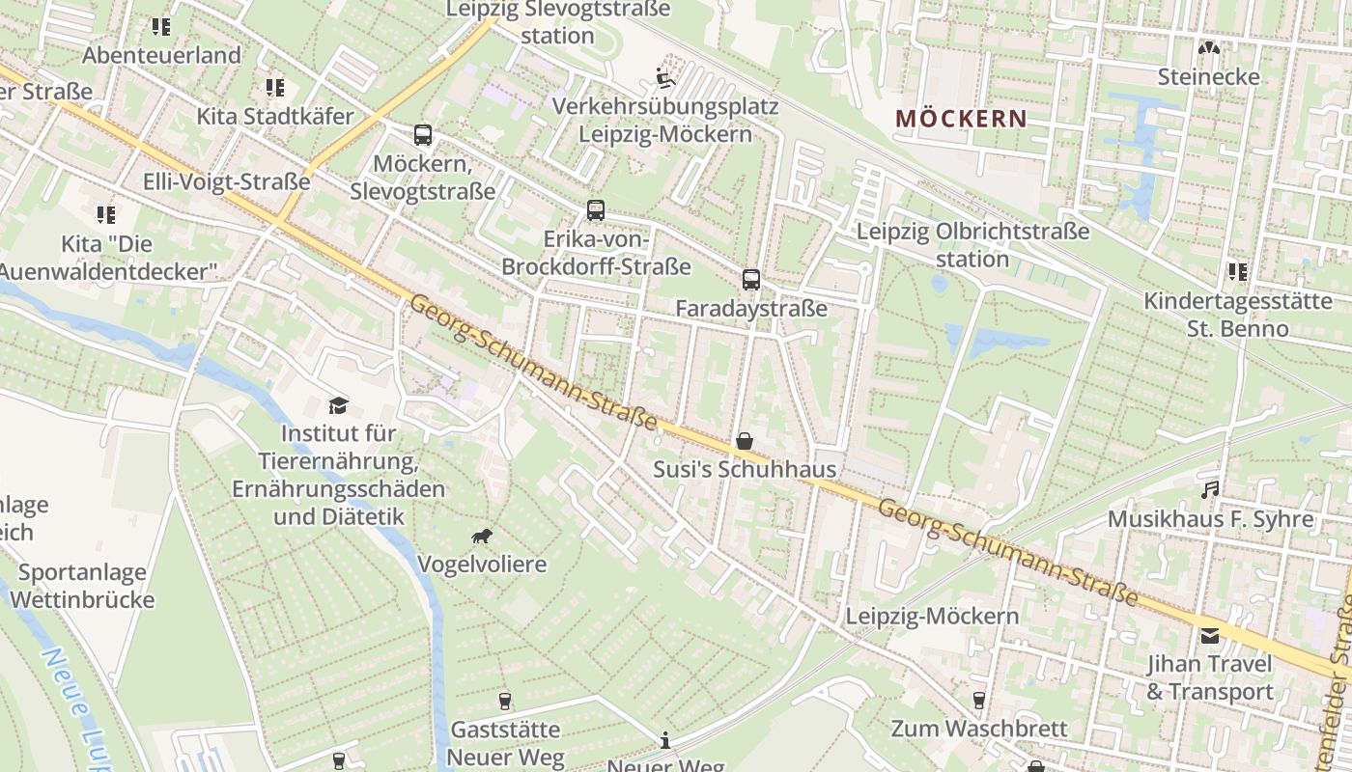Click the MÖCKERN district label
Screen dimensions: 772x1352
961,119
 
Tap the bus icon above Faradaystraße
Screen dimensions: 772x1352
751,280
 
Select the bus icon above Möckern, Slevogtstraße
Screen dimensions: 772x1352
423,135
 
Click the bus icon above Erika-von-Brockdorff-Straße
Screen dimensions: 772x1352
596,210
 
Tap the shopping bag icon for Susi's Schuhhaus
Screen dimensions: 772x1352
745,441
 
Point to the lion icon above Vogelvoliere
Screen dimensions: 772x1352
482,536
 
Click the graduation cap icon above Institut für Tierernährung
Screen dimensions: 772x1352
338,404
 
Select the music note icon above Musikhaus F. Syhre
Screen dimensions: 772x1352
1209,490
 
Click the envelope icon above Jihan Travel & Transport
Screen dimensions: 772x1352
1209,636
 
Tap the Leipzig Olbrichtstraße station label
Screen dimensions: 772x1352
972,245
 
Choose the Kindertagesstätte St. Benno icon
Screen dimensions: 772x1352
1237,272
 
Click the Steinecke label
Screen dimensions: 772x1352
1209,76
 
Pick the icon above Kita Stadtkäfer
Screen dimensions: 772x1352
275,88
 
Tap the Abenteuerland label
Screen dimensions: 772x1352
161,55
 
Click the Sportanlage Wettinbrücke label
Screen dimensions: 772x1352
82,586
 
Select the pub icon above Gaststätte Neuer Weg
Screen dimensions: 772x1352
505,701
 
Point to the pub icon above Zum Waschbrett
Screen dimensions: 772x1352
979,700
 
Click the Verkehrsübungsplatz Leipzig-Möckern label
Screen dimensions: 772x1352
665,120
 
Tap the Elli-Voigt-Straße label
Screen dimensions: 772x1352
226,181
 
